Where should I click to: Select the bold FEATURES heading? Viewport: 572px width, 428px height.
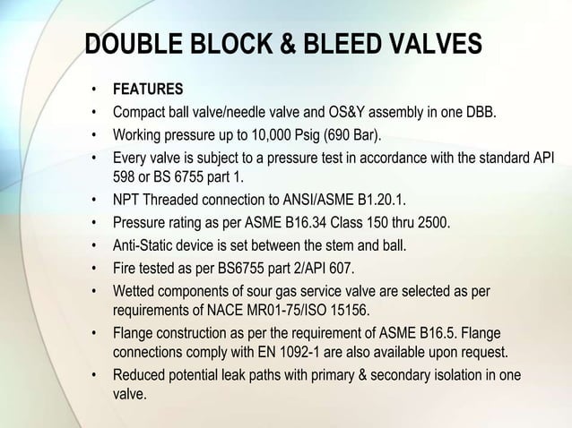point(147,90)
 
